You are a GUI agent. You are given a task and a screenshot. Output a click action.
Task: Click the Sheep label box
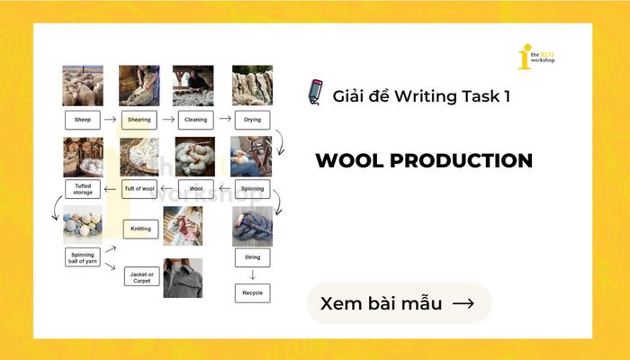pyautogui.click(x=81, y=119)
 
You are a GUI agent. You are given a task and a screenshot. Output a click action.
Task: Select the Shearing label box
pyautogui.click(x=139, y=119)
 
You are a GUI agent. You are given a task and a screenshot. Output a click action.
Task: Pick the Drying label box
pyautogui.click(x=252, y=119)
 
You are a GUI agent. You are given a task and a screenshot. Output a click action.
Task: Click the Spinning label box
pyautogui.click(x=252, y=189)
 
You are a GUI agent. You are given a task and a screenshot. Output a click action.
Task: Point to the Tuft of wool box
pyautogui.click(x=139, y=189)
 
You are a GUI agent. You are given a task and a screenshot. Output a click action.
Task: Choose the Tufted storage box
pyautogui.click(x=81, y=189)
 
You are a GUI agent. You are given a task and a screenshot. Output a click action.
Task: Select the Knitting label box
pyautogui.click(x=139, y=229)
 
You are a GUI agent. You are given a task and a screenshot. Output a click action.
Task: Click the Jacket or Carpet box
pyautogui.click(x=139, y=275)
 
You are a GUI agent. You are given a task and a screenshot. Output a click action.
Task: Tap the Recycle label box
pyautogui.click(x=252, y=292)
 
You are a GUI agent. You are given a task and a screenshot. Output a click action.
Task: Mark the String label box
pyautogui.click(x=252, y=257)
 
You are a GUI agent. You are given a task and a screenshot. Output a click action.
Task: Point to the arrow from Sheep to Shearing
pyautogui.click(x=110, y=119)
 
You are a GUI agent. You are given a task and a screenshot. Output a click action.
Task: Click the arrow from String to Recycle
pyautogui.click(x=252, y=274)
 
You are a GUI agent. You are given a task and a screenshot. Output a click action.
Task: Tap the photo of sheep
pyautogui.click(x=81, y=85)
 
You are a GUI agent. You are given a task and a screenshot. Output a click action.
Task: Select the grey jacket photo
pyautogui.click(x=183, y=278)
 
